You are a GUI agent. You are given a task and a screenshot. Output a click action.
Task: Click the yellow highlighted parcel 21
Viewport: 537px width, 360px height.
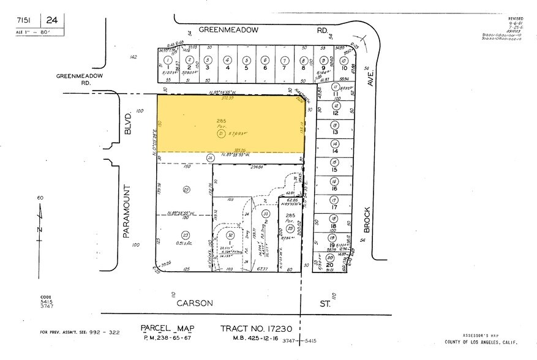pyautogui.click(x=231, y=126)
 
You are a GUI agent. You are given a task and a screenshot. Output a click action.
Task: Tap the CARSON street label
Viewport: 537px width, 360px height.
pyautogui.click(x=195, y=303)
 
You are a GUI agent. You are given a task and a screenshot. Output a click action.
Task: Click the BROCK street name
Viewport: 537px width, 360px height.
pyautogui.click(x=367, y=217)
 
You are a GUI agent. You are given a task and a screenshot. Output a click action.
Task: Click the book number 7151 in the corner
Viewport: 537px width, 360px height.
pyautogui.click(x=25, y=21)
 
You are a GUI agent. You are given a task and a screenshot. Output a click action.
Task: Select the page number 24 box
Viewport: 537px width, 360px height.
pyautogui.click(x=52, y=21)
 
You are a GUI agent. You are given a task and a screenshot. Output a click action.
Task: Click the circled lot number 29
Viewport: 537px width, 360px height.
pyautogui.click(x=186, y=190)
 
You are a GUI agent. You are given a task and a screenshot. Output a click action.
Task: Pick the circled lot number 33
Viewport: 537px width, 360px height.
pyautogui.click(x=265, y=213)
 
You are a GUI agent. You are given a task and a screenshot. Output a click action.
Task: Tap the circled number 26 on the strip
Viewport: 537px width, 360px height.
pyautogui.click(x=210, y=158)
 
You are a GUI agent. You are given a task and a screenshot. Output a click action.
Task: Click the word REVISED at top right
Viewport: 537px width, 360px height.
pyautogui.click(x=516, y=19)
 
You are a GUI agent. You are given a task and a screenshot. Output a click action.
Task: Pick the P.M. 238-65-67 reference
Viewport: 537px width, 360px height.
pyautogui.click(x=167, y=338)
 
